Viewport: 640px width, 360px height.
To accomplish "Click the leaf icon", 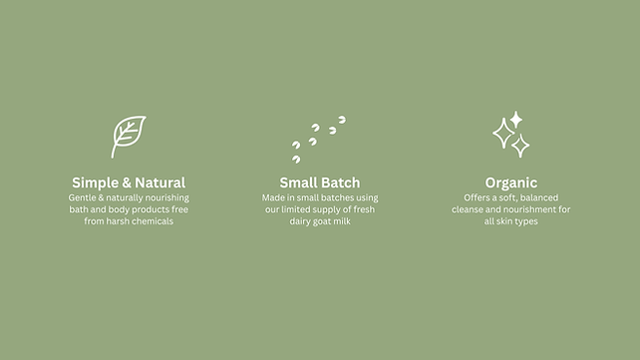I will click(x=128, y=137).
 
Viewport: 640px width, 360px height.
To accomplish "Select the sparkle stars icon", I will click(x=511, y=136).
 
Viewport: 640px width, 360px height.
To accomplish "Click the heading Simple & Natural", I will click(x=129, y=182).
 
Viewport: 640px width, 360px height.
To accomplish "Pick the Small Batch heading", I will click(x=320, y=182).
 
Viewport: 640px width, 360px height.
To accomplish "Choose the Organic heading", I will click(x=511, y=182).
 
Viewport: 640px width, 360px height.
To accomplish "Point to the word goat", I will click(x=319, y=221).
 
